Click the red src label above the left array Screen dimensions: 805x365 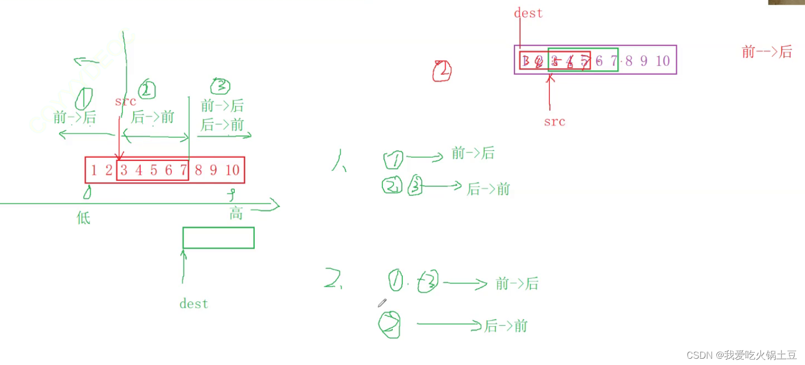pyautogui.click(x=126, y=101)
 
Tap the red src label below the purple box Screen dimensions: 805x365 pyautogui.click(x=555, y=122)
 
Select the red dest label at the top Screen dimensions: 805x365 pyautogui.click(x=528, y=13)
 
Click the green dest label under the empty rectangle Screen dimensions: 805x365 pyautogui.click(x=194, y=303)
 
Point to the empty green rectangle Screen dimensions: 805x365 pyautogui.click(x=218, y=238)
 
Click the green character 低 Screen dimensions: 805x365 pyautogui.click(x=83, y=218)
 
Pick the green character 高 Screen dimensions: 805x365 pyautogui.click(x=236, y=213)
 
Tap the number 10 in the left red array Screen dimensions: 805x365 pyautogui.click(x=232, y=170)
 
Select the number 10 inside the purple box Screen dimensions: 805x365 pyautogui.click(x=663, y=61)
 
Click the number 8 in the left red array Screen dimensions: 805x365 pyautogui.click(x=198, y=170)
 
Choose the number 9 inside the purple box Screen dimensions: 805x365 pyautogui.click(x=644, y=61)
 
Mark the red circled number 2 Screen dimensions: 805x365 pyautogui.click(x=442, y=72)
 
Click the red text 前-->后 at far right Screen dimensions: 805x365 pyautogui.click(x=766, y=52)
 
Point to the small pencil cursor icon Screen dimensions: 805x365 pyautogui.click(x=381, y=303)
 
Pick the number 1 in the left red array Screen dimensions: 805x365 pyautogui.click(x=94, y=170)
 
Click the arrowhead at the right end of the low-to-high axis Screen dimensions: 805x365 pyautogui.click(x=275, y=205)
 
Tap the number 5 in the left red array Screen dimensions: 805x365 pyautogui.click(x=153, y=170)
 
